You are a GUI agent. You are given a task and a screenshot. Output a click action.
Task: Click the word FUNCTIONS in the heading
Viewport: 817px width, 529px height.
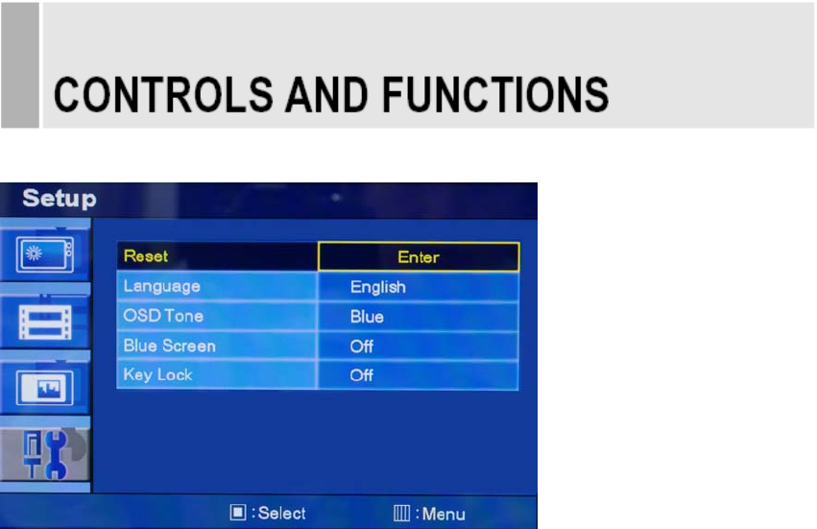495,95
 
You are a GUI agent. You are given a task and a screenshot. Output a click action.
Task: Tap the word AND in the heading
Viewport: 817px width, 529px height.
326,95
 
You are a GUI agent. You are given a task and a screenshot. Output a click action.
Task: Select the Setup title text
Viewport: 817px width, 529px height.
60,199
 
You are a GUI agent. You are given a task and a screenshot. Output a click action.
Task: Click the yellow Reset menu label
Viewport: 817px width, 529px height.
146,256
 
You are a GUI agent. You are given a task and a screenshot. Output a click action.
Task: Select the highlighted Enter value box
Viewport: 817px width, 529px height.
419,256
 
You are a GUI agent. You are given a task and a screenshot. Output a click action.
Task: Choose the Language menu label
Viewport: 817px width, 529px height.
161,287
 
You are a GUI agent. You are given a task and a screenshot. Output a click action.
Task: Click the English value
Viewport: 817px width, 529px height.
377,287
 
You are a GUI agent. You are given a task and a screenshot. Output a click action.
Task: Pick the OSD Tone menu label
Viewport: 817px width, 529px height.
163,316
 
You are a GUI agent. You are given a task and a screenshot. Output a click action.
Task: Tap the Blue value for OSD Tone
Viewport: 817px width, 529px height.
367,317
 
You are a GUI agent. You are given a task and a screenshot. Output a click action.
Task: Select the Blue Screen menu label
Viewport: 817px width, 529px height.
169,346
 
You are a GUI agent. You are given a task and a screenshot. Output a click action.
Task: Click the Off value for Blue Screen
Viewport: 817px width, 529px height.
362,346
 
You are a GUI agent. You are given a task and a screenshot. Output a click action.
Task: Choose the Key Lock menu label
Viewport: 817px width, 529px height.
157,374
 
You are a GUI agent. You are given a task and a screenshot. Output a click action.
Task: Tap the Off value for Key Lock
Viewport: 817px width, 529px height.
362,375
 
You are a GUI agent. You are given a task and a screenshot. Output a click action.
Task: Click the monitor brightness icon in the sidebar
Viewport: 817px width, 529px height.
45,253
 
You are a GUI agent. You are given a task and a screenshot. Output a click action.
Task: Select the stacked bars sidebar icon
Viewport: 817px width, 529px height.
45,323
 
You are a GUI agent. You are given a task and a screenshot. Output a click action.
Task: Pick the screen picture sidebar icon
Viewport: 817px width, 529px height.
45,388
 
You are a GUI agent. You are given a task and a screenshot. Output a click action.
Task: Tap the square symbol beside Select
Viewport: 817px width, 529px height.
238,513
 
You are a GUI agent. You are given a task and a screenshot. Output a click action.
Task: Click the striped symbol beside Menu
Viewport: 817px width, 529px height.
401,514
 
